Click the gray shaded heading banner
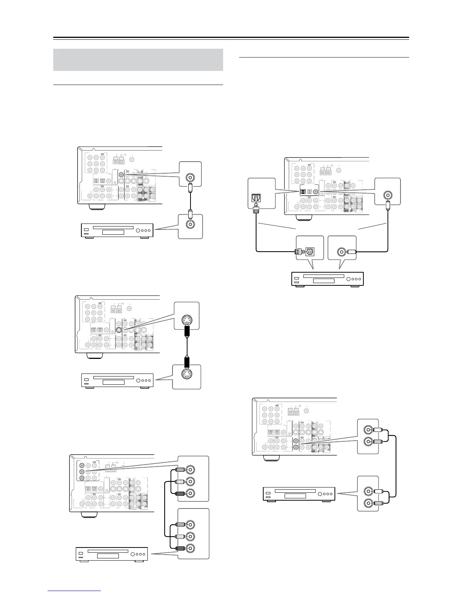[x=138, y=60]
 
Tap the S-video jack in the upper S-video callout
[x=186, y=319]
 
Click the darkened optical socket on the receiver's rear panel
[x=303, y=192]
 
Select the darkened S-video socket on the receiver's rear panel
[x=118, y=330]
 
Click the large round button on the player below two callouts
[x=349, y=279]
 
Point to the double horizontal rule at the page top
[x=231, y=38]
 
